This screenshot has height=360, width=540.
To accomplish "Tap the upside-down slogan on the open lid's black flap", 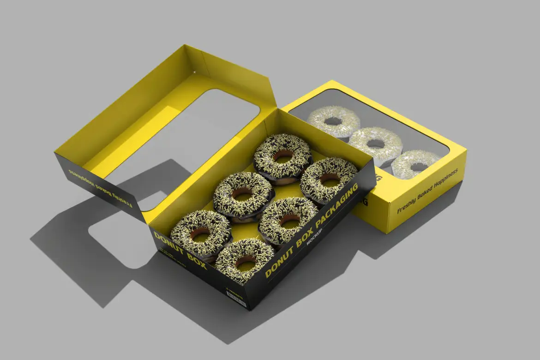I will click(100, 187).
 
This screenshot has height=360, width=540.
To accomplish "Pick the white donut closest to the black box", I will click(333, 121).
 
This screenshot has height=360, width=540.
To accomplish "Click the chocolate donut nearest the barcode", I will click(245, 260).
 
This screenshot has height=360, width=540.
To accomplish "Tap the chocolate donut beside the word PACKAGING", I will click(329, 180).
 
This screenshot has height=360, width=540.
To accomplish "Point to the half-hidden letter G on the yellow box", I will click(365, 202).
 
